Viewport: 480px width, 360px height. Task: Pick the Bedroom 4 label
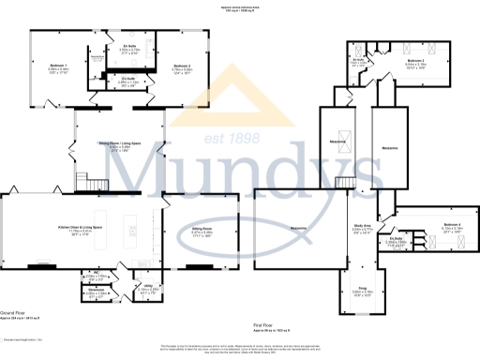452,225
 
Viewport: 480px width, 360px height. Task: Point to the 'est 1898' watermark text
232,137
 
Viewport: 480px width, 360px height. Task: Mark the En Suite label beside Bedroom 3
359,60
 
